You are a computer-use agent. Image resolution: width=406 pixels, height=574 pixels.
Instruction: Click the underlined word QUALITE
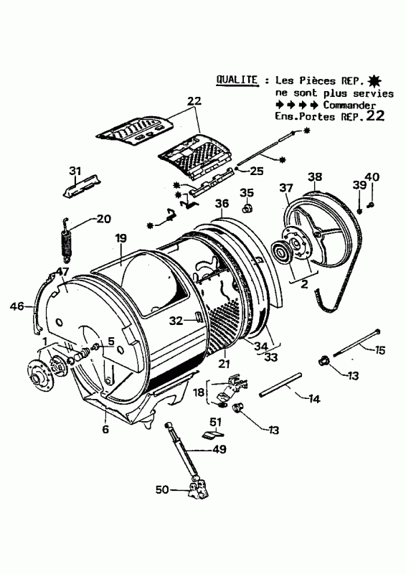pyautogui.click(x=237, y=80)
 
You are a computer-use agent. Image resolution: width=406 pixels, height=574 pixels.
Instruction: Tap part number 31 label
pyautogui.click(x=75, y=171)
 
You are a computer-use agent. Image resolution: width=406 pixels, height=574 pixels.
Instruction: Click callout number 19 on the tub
pyautogui.click(x=121, y=238)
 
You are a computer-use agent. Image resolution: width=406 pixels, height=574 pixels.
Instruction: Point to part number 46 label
pyautogui.click(x=16, y=306)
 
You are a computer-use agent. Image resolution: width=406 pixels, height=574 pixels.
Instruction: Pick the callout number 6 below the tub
pyautogui.click(x=105, y=428)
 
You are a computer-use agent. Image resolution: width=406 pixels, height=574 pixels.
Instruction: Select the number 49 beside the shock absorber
pyautogui.click(x=219, y=449)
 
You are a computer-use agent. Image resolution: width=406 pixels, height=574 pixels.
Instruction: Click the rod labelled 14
pyautogui.click(x=280, y=384)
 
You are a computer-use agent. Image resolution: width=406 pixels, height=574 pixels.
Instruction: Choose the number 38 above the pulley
pyautogui.click(x=315, y=177)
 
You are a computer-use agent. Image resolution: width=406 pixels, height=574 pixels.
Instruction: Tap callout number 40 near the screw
pyautogui.click(x=372, y=177)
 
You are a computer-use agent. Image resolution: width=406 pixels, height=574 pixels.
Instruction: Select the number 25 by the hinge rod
pyautogui.click(x=256, y=171)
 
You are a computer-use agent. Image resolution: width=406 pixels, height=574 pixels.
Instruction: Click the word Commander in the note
pyautogui.click(x=349, y=105)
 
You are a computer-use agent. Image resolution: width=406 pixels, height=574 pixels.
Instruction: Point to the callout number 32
pyautogui.click(x=176, y=321)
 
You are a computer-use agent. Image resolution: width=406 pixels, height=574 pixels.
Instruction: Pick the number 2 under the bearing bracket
pyautogui.click(x=304, y=283)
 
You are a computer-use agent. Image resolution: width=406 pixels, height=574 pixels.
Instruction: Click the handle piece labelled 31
pyautogui.click(x=81, y=187)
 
